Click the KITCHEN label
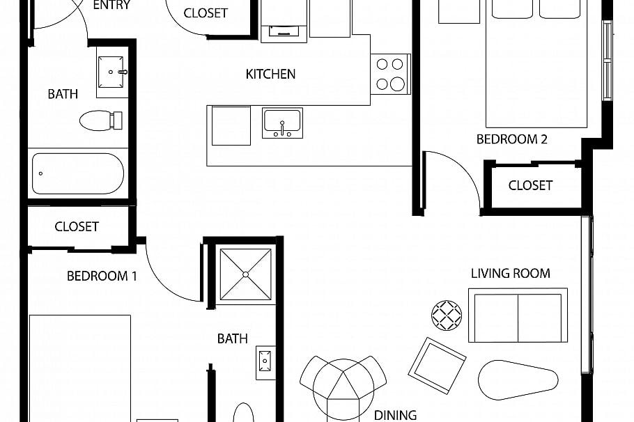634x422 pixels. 270,74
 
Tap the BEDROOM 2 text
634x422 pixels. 511,139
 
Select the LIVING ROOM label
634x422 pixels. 510,273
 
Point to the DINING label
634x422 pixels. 395,415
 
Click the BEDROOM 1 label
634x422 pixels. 102,276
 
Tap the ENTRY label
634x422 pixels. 111,6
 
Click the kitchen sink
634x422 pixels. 282,123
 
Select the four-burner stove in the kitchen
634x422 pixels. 390,74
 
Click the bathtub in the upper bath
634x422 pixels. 78,173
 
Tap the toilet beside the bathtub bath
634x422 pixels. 101,120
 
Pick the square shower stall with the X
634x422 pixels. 245,274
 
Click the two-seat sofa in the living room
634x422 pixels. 518,315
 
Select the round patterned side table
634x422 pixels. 447,315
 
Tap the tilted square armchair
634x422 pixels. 437,366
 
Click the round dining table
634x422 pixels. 343,390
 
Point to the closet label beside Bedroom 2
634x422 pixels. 530,185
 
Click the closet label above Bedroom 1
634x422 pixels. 77,226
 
